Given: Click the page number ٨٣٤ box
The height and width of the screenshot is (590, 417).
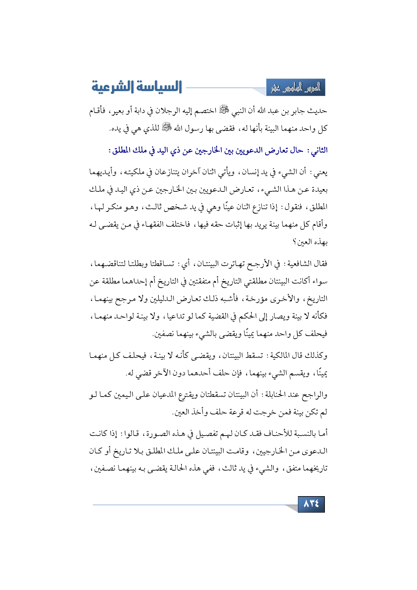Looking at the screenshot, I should coord(311,504).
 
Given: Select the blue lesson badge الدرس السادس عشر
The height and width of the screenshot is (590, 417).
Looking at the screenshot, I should coord(296,88).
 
